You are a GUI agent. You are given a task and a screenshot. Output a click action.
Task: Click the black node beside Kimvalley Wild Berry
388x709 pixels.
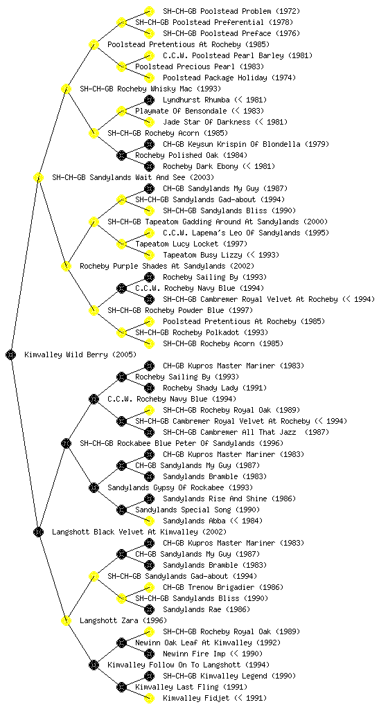point(11,354)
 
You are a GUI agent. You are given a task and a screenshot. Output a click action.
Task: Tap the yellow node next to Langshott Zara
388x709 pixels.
point(66,620)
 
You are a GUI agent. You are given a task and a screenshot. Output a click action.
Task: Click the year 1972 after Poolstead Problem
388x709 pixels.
point(285,11)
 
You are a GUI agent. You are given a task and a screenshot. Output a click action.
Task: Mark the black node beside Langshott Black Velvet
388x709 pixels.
point(38,532)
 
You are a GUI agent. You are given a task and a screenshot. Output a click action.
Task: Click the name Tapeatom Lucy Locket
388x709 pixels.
point(177,244)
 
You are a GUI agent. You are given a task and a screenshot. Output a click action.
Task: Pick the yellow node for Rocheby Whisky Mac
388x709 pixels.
point(66,89)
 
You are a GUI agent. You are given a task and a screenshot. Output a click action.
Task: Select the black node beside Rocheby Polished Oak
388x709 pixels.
point(121,155)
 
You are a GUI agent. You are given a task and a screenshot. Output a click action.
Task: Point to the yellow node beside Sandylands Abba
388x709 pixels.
point(149,521)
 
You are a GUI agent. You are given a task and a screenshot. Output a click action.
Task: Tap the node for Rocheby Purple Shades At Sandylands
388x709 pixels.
point(66,266)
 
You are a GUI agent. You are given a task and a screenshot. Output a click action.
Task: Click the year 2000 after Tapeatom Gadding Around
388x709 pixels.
point(315,222)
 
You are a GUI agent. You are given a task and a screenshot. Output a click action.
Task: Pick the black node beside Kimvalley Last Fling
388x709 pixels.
point(121,687)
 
